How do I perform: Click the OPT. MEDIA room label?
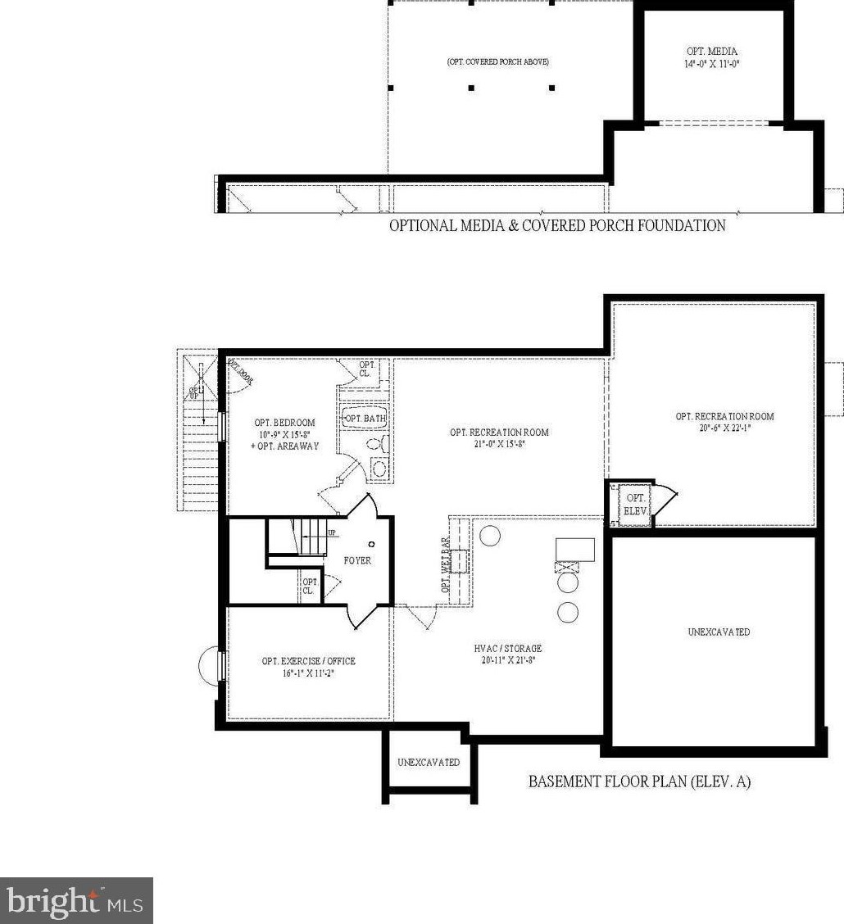tap(712, 51)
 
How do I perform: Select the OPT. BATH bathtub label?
tap(365, 419)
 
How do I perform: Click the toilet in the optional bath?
tap(375, 445)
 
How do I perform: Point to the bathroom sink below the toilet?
tap(379, 469)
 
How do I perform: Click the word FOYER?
tap(357, 561)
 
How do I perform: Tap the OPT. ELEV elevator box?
tap(635, 504)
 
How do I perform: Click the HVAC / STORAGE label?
tap(507, 648)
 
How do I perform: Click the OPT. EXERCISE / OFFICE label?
tap(308, 661)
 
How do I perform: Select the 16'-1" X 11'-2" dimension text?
tap(308, 672)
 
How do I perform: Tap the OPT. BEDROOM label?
tap(284, 423)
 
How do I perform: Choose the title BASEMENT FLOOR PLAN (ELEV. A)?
tap(639, 781)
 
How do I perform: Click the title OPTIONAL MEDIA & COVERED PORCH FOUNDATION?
tap(556, 225)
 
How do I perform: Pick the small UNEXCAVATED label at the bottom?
tap(429, 762)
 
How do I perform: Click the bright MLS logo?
tap(76, 901)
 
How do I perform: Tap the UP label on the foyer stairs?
tap(332, 533)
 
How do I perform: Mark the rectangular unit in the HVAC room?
tap(575, 549)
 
